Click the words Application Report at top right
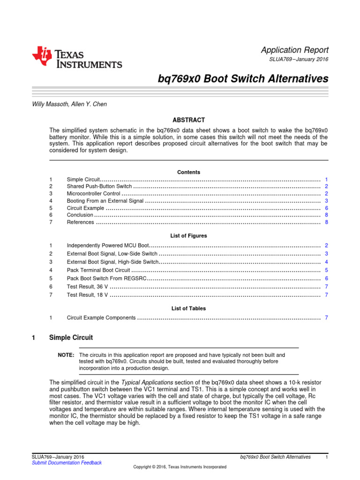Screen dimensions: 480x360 294,50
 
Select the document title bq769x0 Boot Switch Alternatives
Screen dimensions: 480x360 243,79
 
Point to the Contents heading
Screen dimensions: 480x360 188,172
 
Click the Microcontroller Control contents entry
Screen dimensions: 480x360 94,194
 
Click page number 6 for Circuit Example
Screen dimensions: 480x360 326,208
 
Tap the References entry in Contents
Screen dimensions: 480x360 80,222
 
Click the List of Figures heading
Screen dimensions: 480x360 188,236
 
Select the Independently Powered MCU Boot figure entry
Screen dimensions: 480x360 108,246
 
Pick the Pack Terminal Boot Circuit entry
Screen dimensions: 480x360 98,270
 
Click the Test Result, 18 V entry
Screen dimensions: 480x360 88,295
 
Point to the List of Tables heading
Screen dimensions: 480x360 188,308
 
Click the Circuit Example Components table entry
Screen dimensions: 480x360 101,318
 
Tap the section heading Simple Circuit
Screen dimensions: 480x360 74,337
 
